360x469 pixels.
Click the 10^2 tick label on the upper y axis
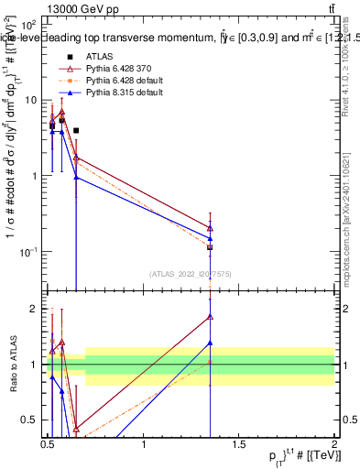click(x=28, y=25)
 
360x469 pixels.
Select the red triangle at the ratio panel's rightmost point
click(x=211, y=317)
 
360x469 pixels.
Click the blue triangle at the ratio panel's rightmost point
click(x=211, y=343)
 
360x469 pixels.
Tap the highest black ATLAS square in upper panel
click(x=76, y=131)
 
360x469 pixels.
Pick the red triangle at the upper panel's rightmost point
click(x=211, y=228)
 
